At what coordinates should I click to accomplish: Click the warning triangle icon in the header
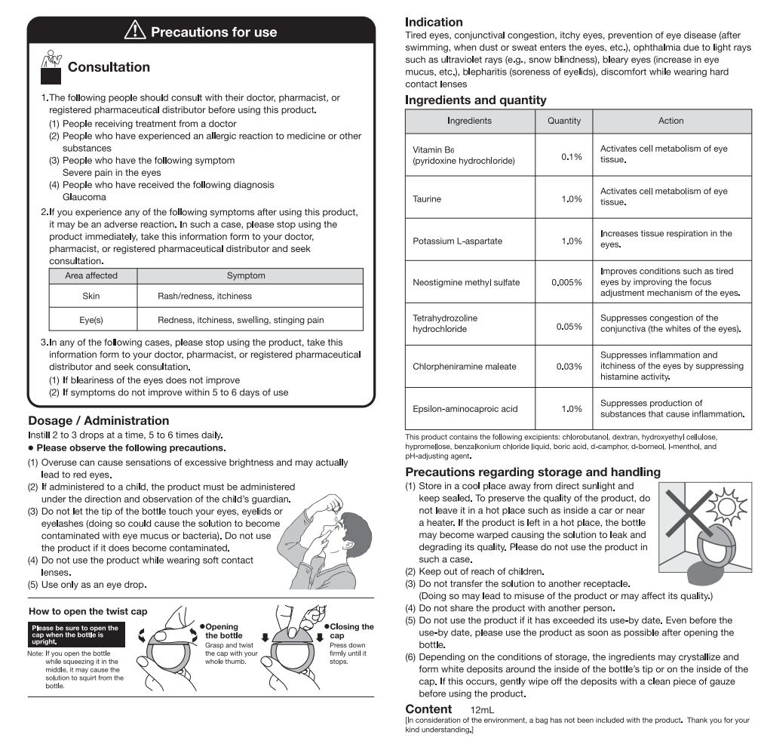[x=134, y=32]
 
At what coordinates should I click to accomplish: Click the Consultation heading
[x=109, y=67]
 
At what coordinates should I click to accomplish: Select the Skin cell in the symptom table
[x=91, y=297]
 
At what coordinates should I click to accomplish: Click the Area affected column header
[x=91, y=275]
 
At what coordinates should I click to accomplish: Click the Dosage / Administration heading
[x=98, y=420]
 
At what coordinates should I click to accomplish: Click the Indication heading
[x=434, y=22]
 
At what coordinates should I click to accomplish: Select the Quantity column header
[x=563, y=121]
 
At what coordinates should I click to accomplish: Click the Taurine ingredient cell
[x=427, y=199]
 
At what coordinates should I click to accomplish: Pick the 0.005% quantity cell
[x=566, y=282]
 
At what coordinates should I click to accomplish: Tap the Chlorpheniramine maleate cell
[x=464, y=367]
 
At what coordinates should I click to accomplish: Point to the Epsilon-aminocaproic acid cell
[x=465, y=409]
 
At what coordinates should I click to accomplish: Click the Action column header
[x=670, y=121]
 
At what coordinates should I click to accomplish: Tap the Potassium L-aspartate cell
[x=457, y=241]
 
